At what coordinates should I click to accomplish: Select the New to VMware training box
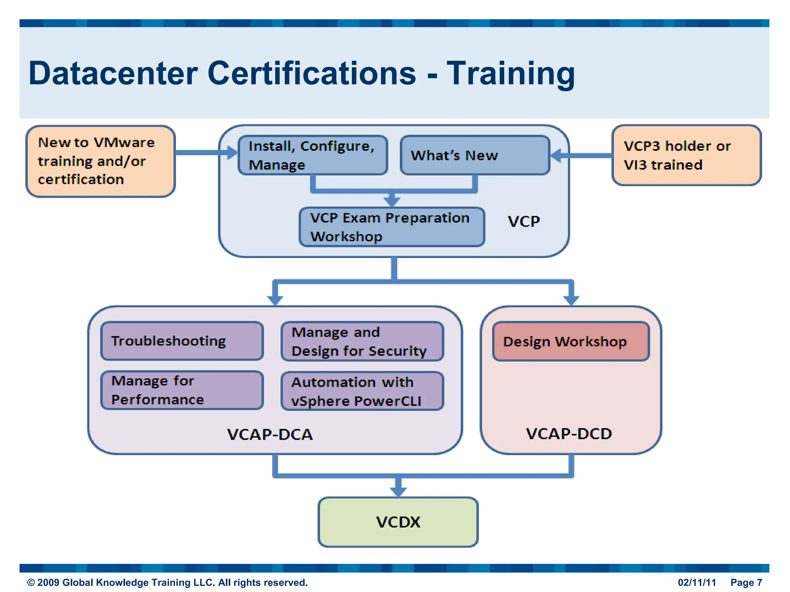tap(100, 161)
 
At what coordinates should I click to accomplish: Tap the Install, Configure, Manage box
tap(312, 155)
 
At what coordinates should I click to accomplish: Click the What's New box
tap(474, 155)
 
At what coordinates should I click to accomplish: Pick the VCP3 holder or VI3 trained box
tap(686, 155)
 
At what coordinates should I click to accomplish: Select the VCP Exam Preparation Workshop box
tap(392, 227)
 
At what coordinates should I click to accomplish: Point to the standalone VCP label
tap(523, 221)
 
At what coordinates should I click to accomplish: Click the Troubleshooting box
tap(182, 341)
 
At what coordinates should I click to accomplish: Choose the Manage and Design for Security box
tap(362, 341)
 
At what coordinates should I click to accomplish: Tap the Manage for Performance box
tap(182, 390)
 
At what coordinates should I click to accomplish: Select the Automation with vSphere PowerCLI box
tap(362, 391)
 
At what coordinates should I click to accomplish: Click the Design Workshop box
tap(571, 341)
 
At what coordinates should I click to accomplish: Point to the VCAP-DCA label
tap(270, 434)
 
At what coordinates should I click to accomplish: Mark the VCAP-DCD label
tap(569, 434)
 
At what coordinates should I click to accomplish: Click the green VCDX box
tap(398, 522)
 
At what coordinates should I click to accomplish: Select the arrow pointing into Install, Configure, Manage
tap(231, 153)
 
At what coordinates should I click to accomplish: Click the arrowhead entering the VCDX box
tap(398, 492)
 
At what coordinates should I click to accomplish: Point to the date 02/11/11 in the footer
tap(697, 582)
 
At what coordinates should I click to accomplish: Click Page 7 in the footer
tap(746, 582)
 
